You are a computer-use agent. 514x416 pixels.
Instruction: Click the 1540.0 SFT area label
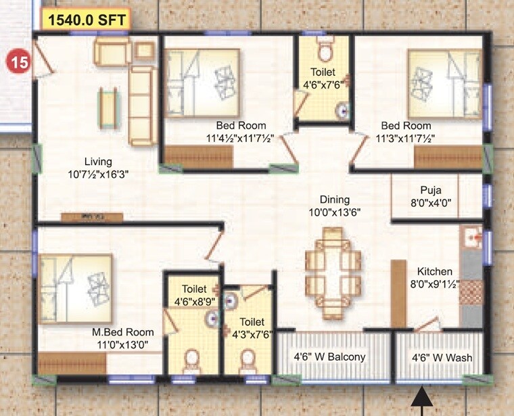(86, 20)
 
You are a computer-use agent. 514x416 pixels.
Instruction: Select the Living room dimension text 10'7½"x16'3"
(97, 173)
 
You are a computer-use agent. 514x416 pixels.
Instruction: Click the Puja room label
(431, 190)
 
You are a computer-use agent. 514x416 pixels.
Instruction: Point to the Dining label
(335, 200)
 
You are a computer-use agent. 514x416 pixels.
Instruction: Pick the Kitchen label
(434, 271)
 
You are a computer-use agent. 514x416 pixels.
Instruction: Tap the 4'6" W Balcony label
(329, 357)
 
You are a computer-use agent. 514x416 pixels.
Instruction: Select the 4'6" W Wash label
(443, 357)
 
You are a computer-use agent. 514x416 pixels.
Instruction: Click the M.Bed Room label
(123, 332)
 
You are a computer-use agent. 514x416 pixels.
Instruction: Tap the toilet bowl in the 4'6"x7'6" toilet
(325, 51)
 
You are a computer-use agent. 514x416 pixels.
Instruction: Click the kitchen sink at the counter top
(471, 237)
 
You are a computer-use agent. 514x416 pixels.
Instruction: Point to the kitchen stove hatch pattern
(471, 295)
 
